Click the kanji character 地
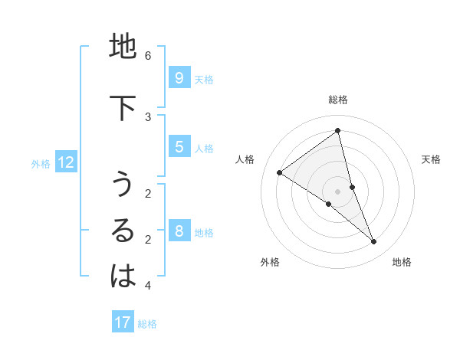click(x=123, y=47)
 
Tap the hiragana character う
click(x=123, y=185)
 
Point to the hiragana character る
click(x=123, y=231)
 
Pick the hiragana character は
click(x=123, y=277)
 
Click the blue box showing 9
click(x=179, y=77)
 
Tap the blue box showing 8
click(x=179, y=231)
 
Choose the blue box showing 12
click(x=66, y=162)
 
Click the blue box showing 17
click(x=123, y=322)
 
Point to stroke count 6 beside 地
click(x=148, y=56)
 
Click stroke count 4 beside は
click(x=148, y=286)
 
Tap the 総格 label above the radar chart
click(x=337, y=100)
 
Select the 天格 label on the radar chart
click(x=431, y=159)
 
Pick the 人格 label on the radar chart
click(x=245, y=159)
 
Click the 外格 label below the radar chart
click(x=270, y=262)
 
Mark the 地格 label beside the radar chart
click(x=402, y=262)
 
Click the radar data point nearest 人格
click(x=280, y=172)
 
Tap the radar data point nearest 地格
click(x=374, y=241)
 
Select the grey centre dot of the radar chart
click(x=337, y=191)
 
